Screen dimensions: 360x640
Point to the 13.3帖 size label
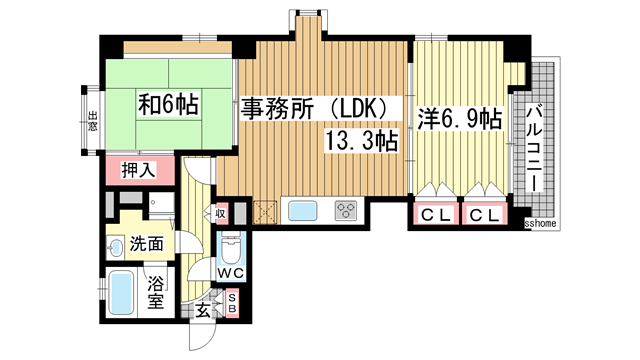tap(360, 142)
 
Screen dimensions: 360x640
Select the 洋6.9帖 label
tap(461, 118)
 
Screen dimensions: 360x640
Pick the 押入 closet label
tap(138, 170)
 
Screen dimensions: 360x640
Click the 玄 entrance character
tap(203, 311)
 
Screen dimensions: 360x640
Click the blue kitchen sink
tap(303, 211)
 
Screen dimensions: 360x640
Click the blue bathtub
tap(123, 292)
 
